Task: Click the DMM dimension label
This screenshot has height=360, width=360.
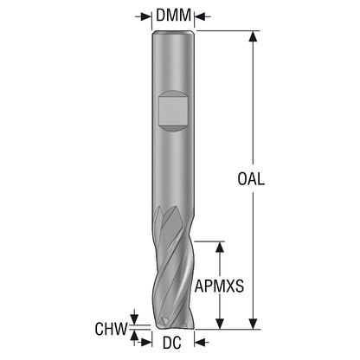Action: tap(173, 15)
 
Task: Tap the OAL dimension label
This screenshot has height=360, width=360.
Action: tap(251, 179)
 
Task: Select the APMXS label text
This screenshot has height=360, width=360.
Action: tap(219, 286)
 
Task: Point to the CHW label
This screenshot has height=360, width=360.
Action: tap(111, 329)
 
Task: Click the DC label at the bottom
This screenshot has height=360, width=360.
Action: tap(172, 343)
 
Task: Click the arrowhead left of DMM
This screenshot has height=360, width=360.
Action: tap(146, 16)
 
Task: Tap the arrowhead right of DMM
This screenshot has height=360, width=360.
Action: tap(200, 16)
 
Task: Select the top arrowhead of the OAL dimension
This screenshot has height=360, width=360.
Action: tap(253, 36)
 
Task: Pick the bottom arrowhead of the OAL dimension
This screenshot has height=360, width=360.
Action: tap(253, 324)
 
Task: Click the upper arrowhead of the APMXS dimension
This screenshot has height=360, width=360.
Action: tap(220, 247)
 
